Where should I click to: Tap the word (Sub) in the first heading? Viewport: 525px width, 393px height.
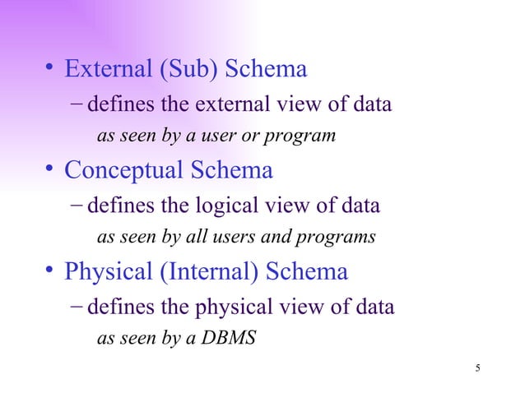coord(179,71)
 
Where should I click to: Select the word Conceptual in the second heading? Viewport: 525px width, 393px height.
coord(122,172)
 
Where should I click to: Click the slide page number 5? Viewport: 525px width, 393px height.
coord(478,367)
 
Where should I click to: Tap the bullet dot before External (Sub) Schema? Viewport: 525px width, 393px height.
coord(50,70)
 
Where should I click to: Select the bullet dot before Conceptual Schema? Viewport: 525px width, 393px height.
coord(50,171)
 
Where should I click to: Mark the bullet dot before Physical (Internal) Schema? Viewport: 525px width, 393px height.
coord(50,271)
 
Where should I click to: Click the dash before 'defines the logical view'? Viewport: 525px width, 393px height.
coord(76,206)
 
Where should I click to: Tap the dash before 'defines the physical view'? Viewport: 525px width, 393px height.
coord(76,307)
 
